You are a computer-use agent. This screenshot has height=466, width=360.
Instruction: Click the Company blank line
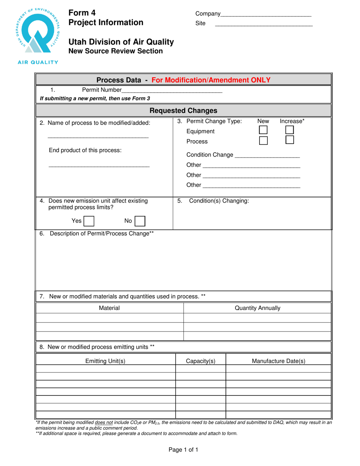[266, 14]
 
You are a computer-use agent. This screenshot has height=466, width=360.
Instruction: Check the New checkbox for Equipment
[263, 130]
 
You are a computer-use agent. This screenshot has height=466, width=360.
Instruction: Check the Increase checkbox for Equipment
[290, 130]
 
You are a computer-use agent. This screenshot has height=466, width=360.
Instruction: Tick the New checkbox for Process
[263, 141]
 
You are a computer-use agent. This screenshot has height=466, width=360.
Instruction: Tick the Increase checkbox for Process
[290, 140]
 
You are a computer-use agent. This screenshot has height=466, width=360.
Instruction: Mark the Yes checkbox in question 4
[89, 221]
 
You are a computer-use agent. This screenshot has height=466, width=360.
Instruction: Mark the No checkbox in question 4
[140, 221]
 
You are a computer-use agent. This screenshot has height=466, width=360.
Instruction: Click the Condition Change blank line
[267, 155]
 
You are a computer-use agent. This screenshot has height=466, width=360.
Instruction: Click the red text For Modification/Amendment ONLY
[211, 80]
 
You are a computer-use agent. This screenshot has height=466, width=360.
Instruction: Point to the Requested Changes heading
[183, 111]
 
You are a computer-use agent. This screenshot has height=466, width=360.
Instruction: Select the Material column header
[109, 308]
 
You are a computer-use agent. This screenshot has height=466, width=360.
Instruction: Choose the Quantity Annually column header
[258, 308]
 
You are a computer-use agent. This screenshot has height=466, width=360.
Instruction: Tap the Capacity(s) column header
[200, 361]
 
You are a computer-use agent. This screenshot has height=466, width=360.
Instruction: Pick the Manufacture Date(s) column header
[279, 361]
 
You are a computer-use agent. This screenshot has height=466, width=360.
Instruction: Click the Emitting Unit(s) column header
[105, 361]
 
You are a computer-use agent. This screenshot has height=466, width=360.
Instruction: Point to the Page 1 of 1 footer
[183, 450]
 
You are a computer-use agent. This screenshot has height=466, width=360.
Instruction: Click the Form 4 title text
[82, 13]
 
